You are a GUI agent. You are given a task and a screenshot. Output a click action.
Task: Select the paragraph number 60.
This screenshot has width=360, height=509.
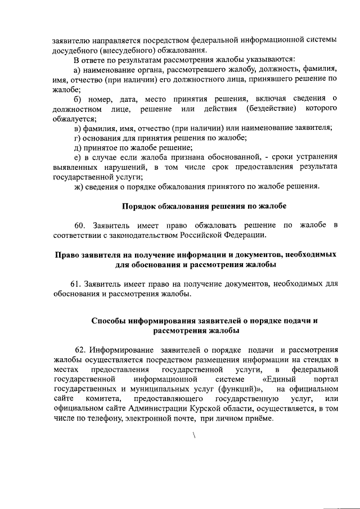84,226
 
